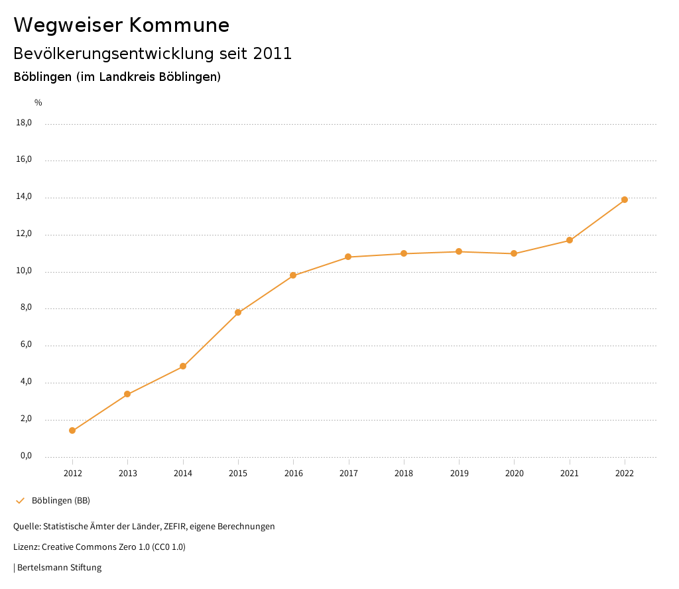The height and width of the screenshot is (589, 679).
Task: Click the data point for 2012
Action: click(x=72, y=430)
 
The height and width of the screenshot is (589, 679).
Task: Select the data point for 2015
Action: click(x=238, y=312)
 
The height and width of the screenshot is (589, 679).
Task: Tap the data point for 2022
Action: click(x=625, y=200)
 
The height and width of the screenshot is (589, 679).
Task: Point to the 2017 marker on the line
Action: click(x=348, y=257)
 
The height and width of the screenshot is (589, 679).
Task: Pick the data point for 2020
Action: click(x=514, y=253)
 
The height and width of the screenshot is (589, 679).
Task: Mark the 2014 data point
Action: click(x=183, y=366)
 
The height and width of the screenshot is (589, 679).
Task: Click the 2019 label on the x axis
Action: click(x=459, y=474)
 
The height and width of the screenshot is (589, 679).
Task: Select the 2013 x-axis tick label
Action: click(x=128, y=474)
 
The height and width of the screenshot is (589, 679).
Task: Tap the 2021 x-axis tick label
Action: click(x=570, y=474)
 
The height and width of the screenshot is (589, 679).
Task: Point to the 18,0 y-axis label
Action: click(x=24, y=123)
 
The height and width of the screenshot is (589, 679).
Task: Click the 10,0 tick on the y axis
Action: click(x=24, y=271)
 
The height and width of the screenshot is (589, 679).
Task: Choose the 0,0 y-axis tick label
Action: click(x=26, y=456)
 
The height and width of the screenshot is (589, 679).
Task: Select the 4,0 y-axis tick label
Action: click(x=26, y=382)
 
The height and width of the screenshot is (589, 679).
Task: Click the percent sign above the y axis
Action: click(x=38, y=103)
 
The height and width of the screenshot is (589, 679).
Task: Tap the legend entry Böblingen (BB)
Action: click(x=61, y=500)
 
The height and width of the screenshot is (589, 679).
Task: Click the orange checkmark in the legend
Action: click(x=20, y=500)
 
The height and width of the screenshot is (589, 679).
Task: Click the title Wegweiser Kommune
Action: click(x=121, y=25)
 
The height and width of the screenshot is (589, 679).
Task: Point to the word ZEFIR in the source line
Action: click(x=173, y=527)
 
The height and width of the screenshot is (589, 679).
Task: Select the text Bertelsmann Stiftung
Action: click(x=59, y=568)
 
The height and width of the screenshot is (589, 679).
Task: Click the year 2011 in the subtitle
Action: click(x=273, y=54)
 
